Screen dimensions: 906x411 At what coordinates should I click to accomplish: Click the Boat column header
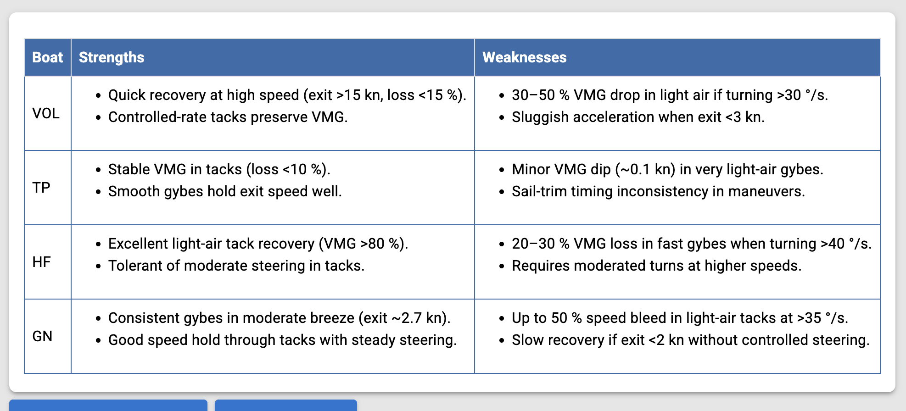click(x=48, y=57)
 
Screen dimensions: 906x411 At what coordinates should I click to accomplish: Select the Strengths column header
click(x=112, y=57)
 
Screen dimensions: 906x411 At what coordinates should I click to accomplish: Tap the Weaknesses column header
click(x=525, y=57)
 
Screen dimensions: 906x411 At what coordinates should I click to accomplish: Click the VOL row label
click(x=46, y=113)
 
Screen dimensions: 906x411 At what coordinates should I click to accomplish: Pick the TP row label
click(x=41, y=188)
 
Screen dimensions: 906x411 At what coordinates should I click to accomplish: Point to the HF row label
click(x=42, y=262)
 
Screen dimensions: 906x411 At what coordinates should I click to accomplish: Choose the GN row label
click(x=42, y=336)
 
